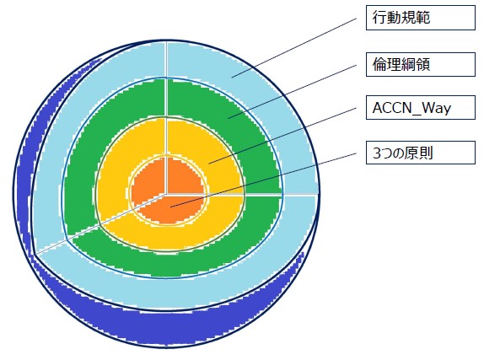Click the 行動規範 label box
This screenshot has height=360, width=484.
(x=421, y=18)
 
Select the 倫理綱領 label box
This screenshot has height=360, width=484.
(x=421, y=65)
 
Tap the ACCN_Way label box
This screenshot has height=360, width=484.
(x=421, y=107)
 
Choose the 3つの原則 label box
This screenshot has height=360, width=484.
(x=421, y=153)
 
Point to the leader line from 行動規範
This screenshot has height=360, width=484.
(x=293, y=47)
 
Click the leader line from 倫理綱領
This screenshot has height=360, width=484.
(x=292, y=92)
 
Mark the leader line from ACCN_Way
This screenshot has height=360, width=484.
(x=282, y=136)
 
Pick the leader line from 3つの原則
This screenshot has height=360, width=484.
(x=263, y=180)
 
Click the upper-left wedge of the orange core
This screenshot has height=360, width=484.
(x=148, y=182)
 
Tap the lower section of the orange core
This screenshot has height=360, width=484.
(x=171, y=209)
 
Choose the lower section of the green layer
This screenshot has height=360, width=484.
(x=186, y=261)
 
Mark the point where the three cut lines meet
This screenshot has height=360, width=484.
(x=167, y=195)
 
